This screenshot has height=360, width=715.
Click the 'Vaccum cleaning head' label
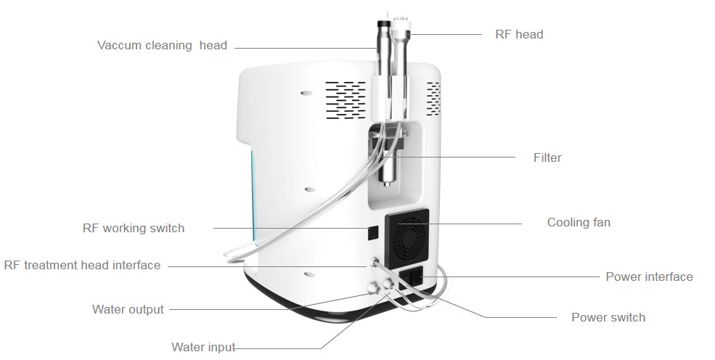162,45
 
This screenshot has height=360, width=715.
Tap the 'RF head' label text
520,34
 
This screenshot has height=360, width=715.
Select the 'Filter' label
547,157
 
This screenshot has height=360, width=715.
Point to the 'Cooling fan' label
579,222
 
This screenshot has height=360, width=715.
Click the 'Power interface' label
650,277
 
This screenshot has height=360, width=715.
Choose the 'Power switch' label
608,317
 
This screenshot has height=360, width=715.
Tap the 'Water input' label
203,347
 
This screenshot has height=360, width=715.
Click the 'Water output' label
128,309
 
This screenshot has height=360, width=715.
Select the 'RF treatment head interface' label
82,265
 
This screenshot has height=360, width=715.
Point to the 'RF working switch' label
134,228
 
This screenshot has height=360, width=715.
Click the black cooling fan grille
407,238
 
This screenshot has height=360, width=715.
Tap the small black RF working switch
373,232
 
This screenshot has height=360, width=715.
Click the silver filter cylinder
389,168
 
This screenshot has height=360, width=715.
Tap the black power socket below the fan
410,279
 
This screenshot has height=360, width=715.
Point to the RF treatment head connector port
375,263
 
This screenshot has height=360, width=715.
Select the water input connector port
388,285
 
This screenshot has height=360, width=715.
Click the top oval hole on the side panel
306,93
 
